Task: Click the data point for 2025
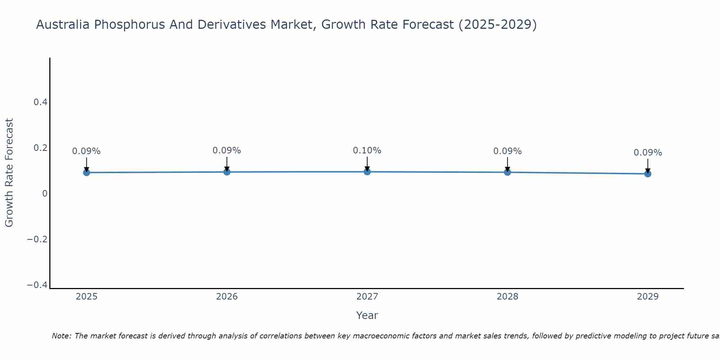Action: [86, 172]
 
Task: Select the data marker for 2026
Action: [227, 172]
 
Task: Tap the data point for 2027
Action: [367, 171]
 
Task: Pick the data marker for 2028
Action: [507, 172]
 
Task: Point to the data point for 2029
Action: [648, 174]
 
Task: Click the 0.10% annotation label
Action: [367, 150]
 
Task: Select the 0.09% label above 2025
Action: [86, 151]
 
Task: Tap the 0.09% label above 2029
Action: [648, 153]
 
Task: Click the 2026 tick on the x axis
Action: [227, 297]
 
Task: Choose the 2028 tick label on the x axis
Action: [507, 297]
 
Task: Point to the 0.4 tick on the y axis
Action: [40, 102]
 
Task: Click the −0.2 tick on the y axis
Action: [37, 239]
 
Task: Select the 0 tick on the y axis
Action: [45, 194]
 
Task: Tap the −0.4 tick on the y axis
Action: [37, 285]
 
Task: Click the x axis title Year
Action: [367, 315]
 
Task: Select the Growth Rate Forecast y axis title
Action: [9, 173]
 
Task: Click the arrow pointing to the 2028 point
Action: [507, 165]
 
